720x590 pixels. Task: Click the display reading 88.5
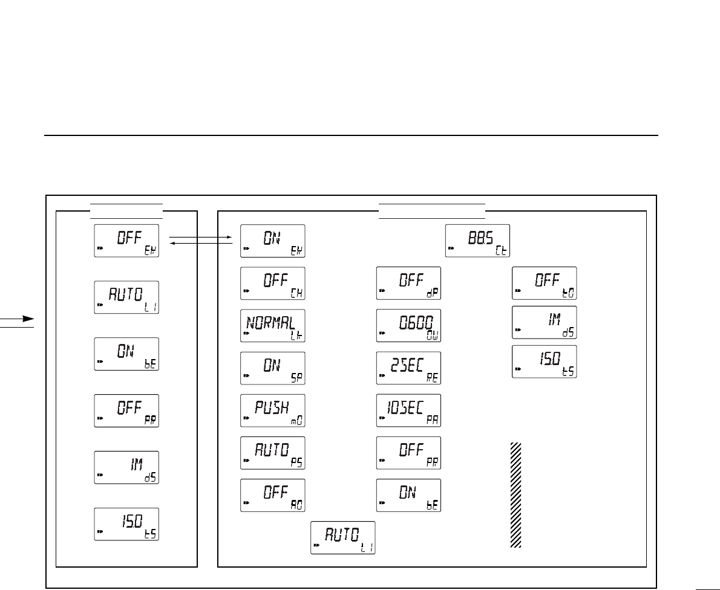pyautogui.click(x=477, y=241)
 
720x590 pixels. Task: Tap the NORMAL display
pyautogui.click(x=272, y=325)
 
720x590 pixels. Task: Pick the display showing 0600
pyautogui.click(x=408, y=325)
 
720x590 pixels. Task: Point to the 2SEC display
pyautogui.click(x=408, y=368)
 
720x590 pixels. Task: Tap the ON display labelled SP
pyautogui.click(x=272, y=368)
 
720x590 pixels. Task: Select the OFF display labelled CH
pyautogui.click(x=272, y=283)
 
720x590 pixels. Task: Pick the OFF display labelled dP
pyautogui.click(x=408, y=283)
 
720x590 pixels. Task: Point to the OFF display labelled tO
pyautogui.click(x=544, y=283)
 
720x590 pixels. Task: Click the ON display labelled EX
pyautogui.click(x=272, y=241)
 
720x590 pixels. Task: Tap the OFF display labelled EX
pyautogui.click(x=126, y=241)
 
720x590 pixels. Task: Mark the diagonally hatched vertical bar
pyautogui.click(x=515, y=495)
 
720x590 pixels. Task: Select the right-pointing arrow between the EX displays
pyautogui.click(x=201, y=238)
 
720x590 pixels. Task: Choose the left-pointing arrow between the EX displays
pyautogui.click(x=201, y=244)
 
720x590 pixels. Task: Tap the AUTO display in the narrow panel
pyautogui.click(x=126, y=297)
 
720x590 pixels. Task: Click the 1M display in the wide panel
pyautogui.click(x=544, y=322)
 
